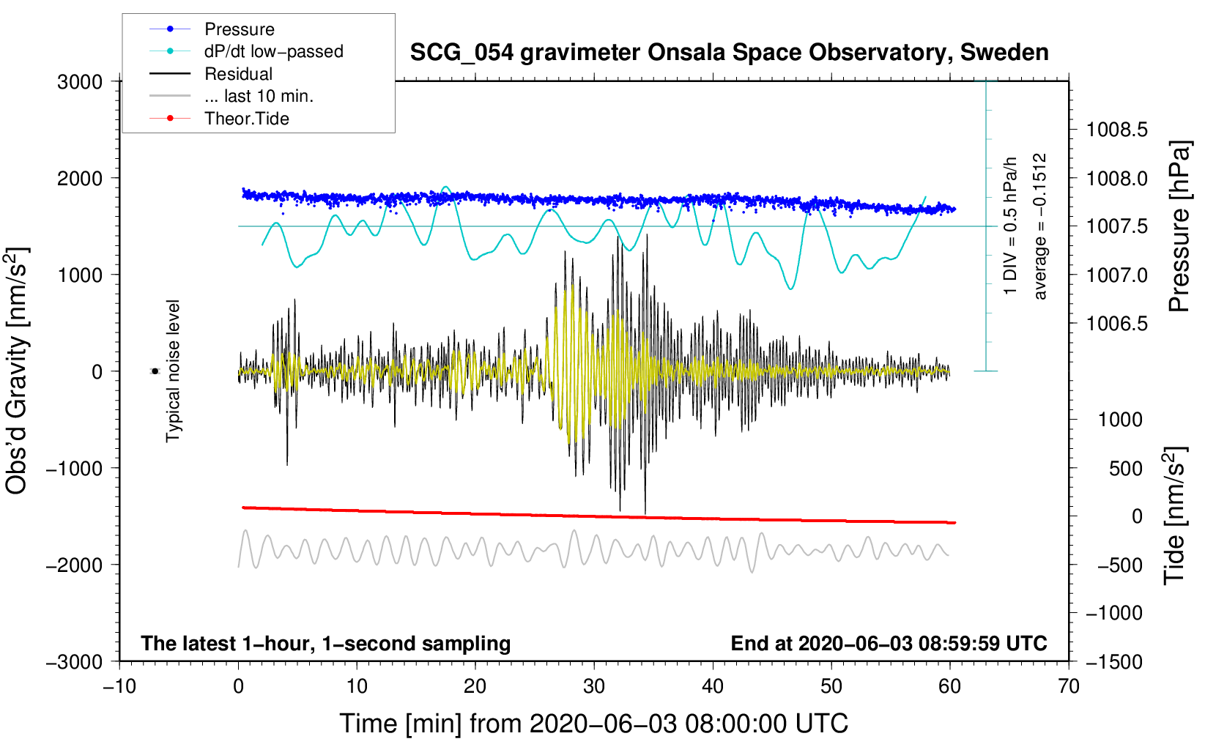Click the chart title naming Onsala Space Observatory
tap(729, 53)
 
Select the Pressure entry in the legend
tap(239, 29)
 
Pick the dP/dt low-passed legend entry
tap(273, 51)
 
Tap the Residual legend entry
tap(238, 74)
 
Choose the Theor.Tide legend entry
tap(246, 119)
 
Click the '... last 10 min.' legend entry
tap(259, 96)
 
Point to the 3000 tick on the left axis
tap(80, 82)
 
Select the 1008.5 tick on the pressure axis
tap(1116, 130)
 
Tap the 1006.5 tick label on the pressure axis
tap(1116, 324)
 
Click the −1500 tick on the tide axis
tap(1113, 661)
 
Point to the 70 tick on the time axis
tap(1069, 686)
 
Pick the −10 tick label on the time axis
tap(119, 686)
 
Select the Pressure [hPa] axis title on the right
tap(1179, 227)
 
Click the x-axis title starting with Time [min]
tap(594, 724)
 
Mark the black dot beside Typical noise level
tap(155, 371)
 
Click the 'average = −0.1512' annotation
tap(1040, 226)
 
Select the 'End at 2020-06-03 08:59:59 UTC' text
tap(889, 643)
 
